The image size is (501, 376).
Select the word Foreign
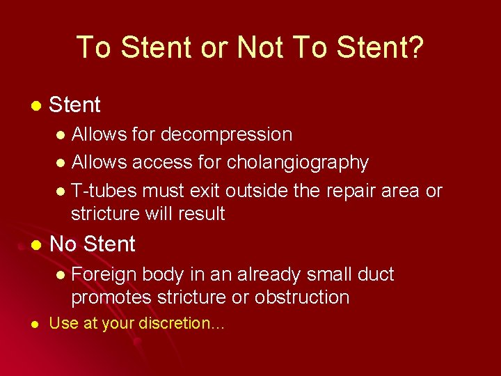click(103, 274)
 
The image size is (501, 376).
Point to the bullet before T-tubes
click(61, 191)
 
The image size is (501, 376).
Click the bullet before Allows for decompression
click(61, 134)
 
